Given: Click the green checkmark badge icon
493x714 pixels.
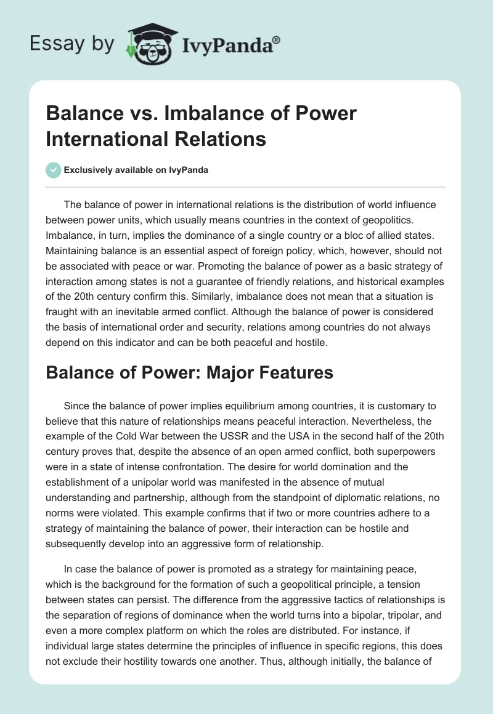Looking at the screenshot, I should [x=53, y=170].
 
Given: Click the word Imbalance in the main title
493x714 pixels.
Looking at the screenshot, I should [x=197, y=114].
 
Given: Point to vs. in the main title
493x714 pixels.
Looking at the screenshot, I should [x=134, y=114].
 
